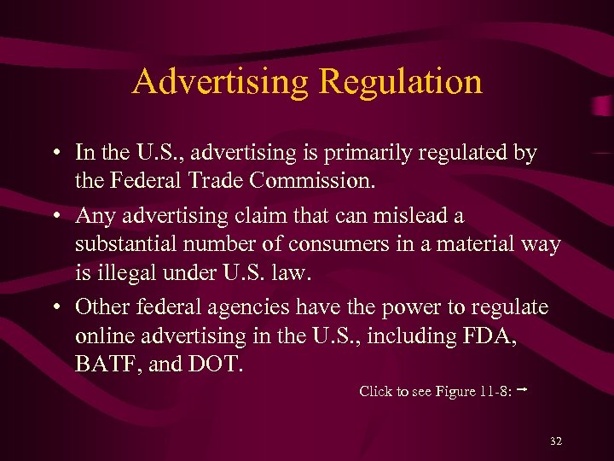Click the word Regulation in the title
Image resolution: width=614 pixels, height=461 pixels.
click(x=400, y=82)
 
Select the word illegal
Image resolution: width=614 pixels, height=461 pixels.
click(x=136, y=275)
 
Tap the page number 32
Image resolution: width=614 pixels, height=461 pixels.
click(x=556, y=441)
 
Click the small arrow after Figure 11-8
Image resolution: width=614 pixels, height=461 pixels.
click(x=519, y=389)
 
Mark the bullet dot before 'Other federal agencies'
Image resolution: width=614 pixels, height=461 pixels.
click(x=54, y=306)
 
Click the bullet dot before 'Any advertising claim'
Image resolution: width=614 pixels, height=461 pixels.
click(x=54, y=215)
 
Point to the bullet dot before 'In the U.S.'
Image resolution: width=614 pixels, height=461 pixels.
click(x=54, y=153)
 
